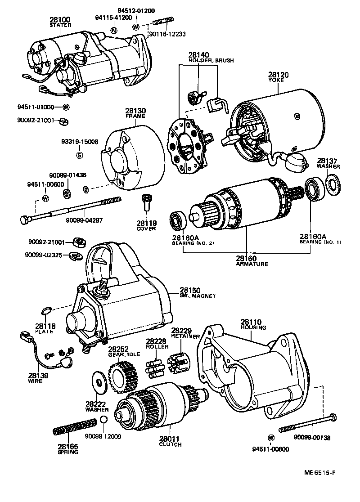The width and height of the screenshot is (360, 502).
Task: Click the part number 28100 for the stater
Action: [x=61, y=20]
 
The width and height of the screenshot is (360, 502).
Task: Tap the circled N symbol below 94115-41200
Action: [x=114, y=30]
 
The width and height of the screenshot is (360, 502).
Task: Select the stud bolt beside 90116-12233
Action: [x=163, y=22]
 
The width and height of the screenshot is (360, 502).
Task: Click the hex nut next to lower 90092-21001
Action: [x=79, y=243]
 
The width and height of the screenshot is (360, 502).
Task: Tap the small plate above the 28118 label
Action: [x=45, y=310]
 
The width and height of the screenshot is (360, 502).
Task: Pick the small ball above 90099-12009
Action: [x=103, y=420]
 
